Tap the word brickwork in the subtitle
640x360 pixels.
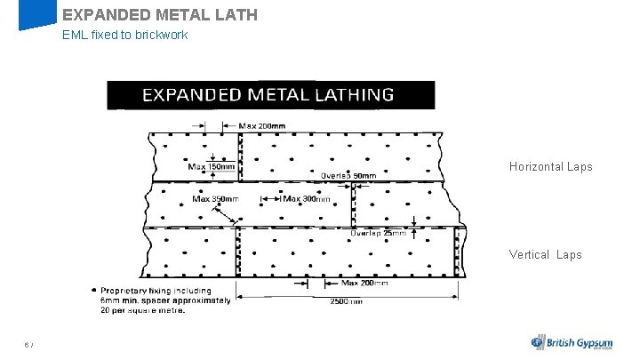pyautogui.click(x=160, y=36)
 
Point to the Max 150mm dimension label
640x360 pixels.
pyautogui.click(x=212, y=166)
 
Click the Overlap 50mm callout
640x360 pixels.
pyautogui.click(x=348, y=176)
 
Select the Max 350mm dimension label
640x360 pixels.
pyautogui.click(x=216, y=198)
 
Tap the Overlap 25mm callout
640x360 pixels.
pyautogui.click(x=386, y=234)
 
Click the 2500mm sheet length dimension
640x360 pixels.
pyautogui.click(x=346, y=301)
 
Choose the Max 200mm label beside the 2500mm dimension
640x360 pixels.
pyautogui.click(x=365, y=284)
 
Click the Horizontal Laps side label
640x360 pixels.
pyautogui.click(x=550, y=167)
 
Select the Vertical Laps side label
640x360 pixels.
pyautogui.click(x=545, y=255)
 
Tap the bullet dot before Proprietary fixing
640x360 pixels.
pyautogui.click(x=94, y=290)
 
